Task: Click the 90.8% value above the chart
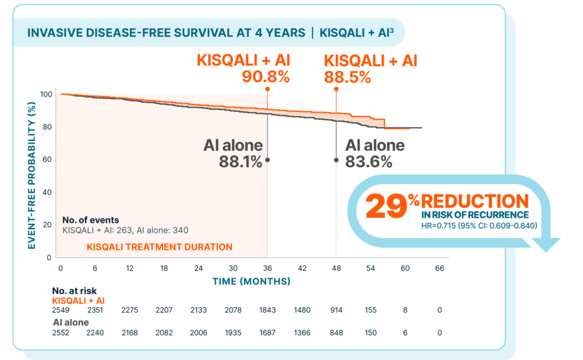point(266,77)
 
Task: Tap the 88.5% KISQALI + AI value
point(347,77)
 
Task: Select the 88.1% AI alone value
point(241,162)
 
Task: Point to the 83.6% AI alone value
point(369,162)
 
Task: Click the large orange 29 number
point(385,206)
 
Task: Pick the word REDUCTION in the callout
point(475,201)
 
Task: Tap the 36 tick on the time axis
point(267,269)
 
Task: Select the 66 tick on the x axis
point(440,269)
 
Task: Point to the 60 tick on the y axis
point(47,159)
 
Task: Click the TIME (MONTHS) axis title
point(251,281)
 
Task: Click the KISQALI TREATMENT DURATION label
point(159,247)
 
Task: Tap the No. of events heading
point(91,220)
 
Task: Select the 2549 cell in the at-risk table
point(62,310)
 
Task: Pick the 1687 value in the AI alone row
point(267,332)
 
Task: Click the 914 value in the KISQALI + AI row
point(337,310)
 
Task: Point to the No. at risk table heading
point(74,291)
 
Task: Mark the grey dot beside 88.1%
point(267,160)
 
